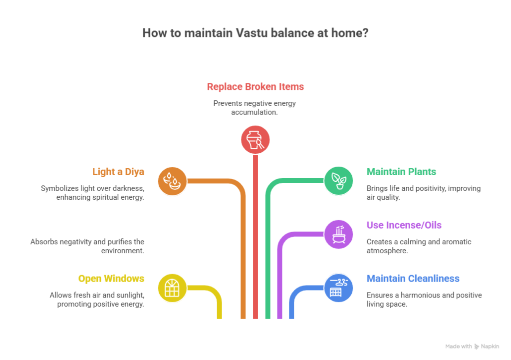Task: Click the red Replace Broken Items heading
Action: coord(255,87)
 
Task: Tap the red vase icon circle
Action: coord(255,139)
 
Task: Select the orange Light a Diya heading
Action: coord(118,172)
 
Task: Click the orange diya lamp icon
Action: coord(172,181)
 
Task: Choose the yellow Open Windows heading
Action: coord(111,279)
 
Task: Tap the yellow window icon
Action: coord(172,288)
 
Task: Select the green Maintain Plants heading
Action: coord(401,172)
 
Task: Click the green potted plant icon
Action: coord(339,181)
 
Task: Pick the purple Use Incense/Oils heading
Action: coord(404,225)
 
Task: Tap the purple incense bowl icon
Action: coord(339,234)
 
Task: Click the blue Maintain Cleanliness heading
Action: coord(413,279)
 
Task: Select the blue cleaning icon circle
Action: coord(339,288)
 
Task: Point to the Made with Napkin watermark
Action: coord(473,346)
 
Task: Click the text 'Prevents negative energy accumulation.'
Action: coord(255,108)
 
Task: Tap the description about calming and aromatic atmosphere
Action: coord(419,246)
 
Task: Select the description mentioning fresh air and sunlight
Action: coord(97,300)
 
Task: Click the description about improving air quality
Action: coord(423,193)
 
